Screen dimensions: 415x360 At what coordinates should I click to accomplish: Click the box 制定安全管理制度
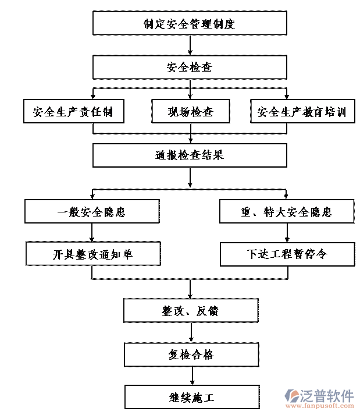[190, 24]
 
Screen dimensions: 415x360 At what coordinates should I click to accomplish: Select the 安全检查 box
[190, 68]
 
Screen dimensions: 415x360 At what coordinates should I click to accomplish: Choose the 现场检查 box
[190, 112]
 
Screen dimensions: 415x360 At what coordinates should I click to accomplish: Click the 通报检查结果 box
[190, 155]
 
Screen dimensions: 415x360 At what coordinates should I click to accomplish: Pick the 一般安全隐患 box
[91, 212]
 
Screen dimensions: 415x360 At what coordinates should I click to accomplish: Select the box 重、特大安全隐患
[287, 212]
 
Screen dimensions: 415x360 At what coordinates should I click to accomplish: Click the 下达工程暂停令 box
[287, 254]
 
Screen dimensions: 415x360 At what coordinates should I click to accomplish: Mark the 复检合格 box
[190, 354]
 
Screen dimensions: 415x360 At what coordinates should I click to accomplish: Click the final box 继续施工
[190, 398]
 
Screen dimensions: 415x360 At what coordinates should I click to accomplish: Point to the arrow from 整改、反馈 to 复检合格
[191, 332]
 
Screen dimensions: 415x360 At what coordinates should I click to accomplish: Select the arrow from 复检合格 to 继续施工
[191, 376]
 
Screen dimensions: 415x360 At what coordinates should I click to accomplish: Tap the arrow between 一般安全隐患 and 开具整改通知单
[92, 233]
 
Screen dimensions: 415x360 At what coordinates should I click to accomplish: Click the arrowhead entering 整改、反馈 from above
[191, 296]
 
